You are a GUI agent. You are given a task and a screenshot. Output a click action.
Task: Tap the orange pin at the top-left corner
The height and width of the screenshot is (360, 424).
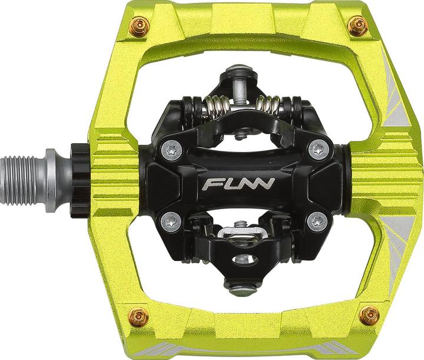point(140,27)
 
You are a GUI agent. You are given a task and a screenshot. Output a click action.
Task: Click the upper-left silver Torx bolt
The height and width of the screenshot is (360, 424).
point(172,150)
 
